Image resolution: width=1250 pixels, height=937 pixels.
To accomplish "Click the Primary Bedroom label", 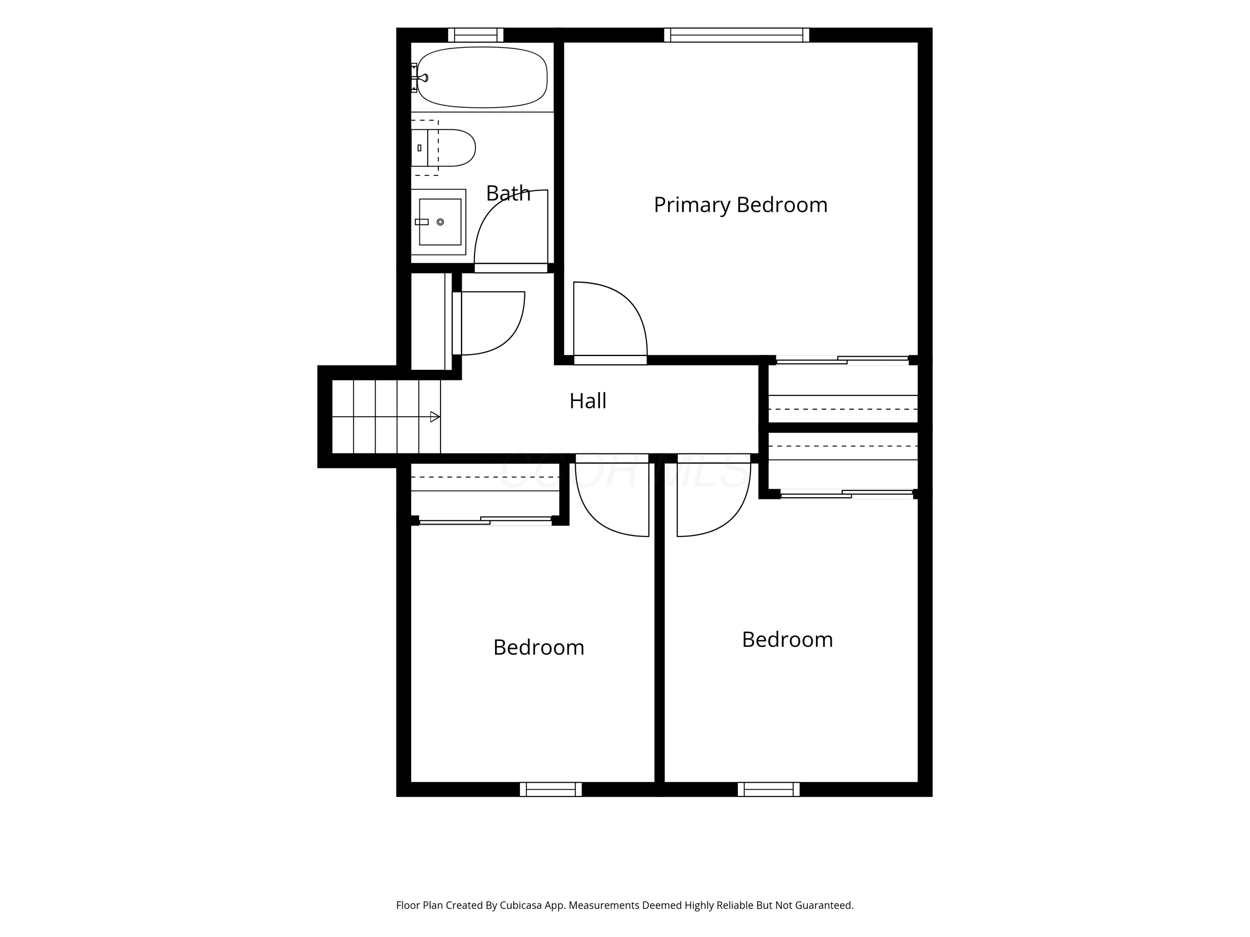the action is tap(740, 205).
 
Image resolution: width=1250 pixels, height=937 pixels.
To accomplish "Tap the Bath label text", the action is tap(508, 194).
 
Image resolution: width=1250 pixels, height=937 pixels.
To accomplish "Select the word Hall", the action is tap(587, 401).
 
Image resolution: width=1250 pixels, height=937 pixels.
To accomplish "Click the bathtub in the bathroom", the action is tap(482, 77).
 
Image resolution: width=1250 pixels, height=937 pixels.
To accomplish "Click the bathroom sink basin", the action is tap(440, 222).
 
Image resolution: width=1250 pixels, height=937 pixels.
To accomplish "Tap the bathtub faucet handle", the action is tap(420, 78).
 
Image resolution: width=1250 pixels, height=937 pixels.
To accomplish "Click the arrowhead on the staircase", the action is tap(435, 417).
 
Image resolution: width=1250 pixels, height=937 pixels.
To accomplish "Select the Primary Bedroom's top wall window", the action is tap(736, 35).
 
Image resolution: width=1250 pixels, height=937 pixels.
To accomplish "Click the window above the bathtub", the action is tap(475, 35).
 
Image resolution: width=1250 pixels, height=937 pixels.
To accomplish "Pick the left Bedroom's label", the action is tap(538, 647).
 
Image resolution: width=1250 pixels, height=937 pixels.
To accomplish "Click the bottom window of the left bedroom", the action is tap(551, 790).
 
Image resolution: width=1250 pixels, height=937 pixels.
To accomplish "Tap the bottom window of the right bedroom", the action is tap(768, 790).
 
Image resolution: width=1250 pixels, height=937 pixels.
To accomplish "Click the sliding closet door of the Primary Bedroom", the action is tap(842, 360).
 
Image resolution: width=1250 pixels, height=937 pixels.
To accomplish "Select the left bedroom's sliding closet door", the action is tap(485, 521).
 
